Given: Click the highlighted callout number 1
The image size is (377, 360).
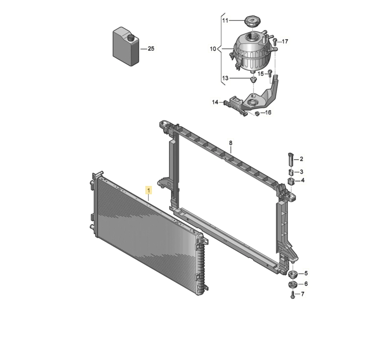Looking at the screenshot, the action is [149, 190].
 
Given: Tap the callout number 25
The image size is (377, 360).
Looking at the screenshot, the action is [151, 49].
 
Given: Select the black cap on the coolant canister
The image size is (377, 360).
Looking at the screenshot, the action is [131, 38].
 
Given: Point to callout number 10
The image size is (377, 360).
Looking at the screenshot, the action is [213, 49].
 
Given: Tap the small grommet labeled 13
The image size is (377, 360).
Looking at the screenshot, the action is [253, 79].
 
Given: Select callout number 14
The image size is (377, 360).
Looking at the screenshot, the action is [215, 102].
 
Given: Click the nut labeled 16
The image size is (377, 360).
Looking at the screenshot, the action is [257, 113].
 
